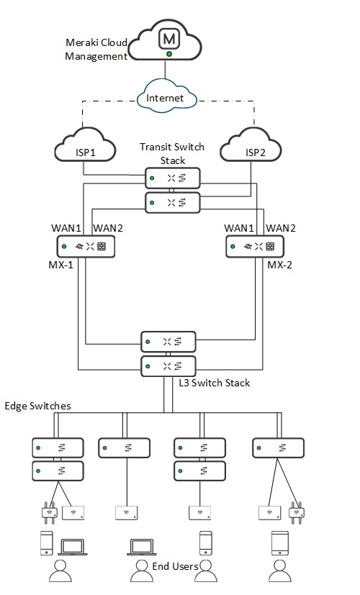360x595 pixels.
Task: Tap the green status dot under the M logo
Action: point(168,53)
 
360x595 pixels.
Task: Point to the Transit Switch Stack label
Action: point(171,153)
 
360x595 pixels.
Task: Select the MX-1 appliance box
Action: point(86,247)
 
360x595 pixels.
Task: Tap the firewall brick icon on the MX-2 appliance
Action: point(269,247)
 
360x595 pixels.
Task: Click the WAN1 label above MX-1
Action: point(66,227)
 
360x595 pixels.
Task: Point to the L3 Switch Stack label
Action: point(214,383)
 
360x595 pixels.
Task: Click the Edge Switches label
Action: point(38,406)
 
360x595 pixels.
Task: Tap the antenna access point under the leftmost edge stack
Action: point(48,512)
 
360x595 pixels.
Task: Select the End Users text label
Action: point(175,567)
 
